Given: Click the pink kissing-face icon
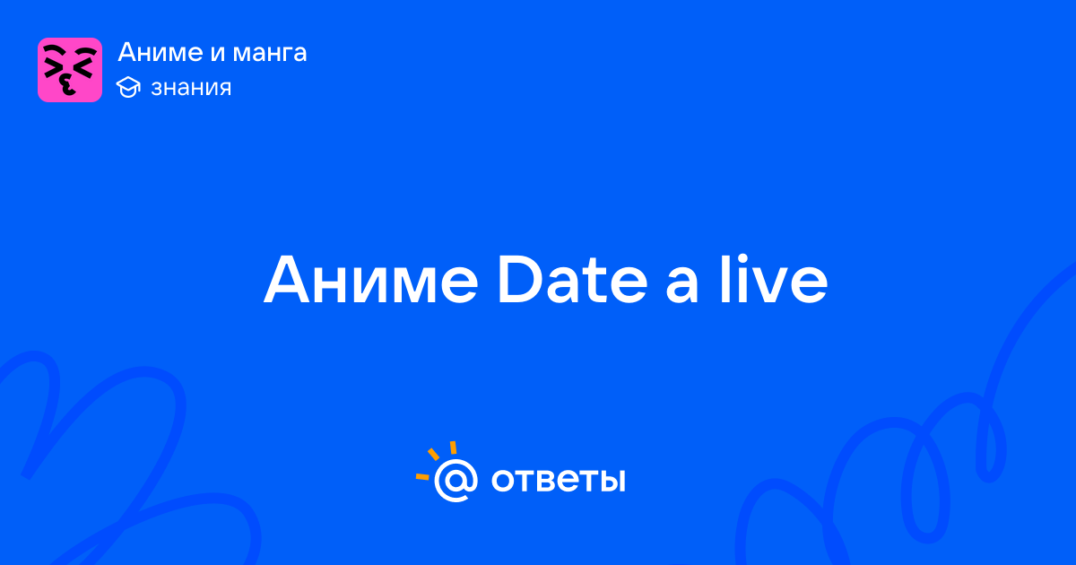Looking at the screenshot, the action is [70, 70].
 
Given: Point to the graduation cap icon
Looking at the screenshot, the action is [128, 87].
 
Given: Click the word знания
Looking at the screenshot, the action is [191, 88].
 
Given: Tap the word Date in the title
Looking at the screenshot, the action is [573, 279].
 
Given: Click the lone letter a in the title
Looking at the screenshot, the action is [681, 286].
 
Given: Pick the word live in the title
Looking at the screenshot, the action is [773, 279].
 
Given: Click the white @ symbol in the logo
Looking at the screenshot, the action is [456, 481].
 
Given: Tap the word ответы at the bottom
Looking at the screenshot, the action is [558, 481].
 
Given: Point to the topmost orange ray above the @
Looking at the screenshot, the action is [453, 448].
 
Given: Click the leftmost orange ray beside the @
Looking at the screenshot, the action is [422, 476].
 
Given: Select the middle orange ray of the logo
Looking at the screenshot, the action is [433, 454].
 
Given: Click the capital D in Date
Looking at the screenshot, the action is [520, 280].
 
